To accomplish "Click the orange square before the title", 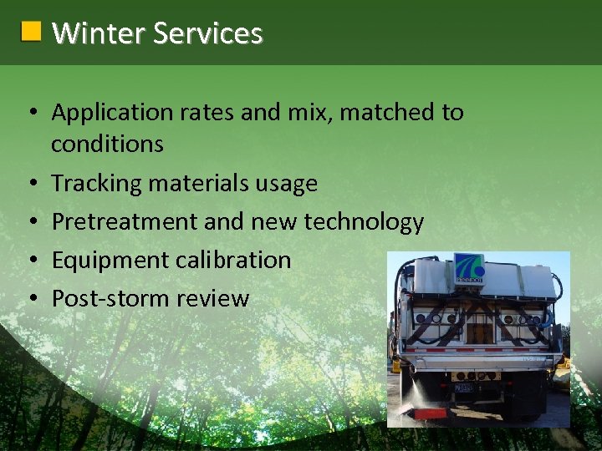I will tap(31, 33).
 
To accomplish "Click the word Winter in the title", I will tap(88, 33).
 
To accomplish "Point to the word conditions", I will tap(107, 144).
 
